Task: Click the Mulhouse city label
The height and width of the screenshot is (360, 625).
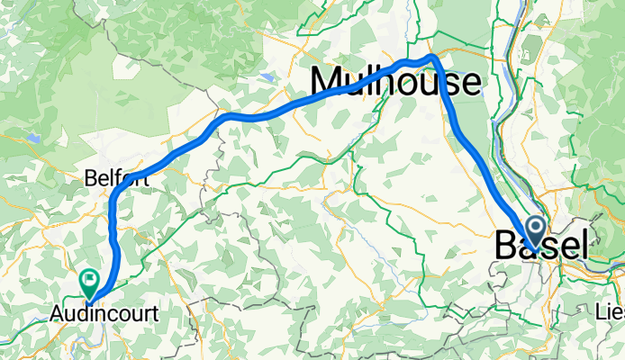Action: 395,83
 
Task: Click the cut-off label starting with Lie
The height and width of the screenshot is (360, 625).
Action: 611,310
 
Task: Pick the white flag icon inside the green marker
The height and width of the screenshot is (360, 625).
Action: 90,280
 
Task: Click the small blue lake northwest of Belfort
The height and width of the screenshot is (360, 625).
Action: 34,139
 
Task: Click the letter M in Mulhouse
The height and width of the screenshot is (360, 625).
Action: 327,83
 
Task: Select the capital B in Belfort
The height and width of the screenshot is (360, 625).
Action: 89,178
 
